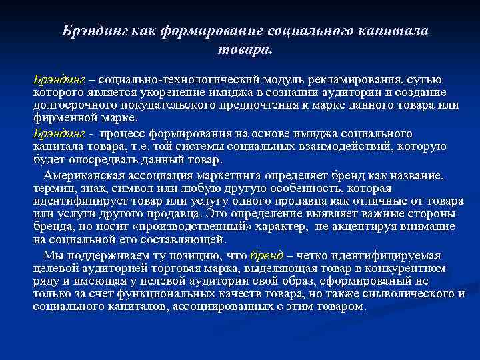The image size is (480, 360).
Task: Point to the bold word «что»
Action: (x=237, y=255)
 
